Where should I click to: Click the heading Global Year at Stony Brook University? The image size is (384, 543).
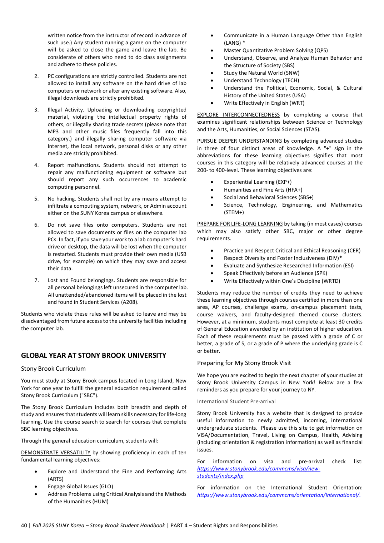pyautogui.click(x=94, y=355)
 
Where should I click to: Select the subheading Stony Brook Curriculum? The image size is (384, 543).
pyautogui.click(x=53, y=369)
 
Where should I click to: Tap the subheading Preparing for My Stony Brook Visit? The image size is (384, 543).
pyautogui.click(x=244, y=363)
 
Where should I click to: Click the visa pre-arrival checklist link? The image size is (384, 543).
pyautogui.click(x=259, y=472)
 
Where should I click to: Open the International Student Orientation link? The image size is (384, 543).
pyautogui.click(x=279, y=495)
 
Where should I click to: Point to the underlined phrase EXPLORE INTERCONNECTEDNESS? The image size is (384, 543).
pyautogui.click(x=238, y=115)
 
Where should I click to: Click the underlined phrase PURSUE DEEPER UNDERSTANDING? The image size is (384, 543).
pyautogui.click(x=239, y=141)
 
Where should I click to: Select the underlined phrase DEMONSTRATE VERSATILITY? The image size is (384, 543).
pyautogui.click(x=56, y=453)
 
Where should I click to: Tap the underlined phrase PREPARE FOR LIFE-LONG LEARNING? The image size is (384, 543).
pyautogui.click(x=240, y=224)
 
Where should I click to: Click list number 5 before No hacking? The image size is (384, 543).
pyautogui.click(x=36, y=199)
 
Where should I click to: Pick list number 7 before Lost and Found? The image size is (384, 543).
pyautogui.click(x=36, y=280)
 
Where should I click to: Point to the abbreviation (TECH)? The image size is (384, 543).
pyautogui.click(x=291, y=80)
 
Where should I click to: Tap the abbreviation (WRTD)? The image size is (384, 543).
pyautogui.click(x=331, y=281)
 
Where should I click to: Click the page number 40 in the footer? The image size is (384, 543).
pyautogui.click(x=24, y=525)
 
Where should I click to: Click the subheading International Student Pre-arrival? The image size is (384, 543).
pyautogui.click(x=236, y=401)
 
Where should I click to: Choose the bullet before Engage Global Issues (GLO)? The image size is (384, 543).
pyautogui.click(x=36, y=487)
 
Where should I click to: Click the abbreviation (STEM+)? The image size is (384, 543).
pyautogui.click(x=234, y=212)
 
